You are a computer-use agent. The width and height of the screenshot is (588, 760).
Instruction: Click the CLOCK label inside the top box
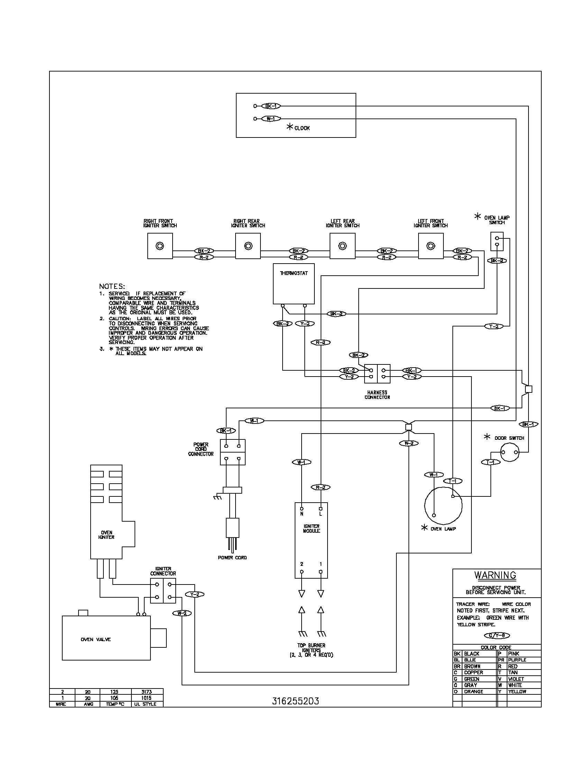[x=302, y=128]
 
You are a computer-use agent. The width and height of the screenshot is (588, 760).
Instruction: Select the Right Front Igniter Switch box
[x=160, y=246]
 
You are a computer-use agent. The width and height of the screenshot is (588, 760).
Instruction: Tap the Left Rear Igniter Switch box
[x=342, y=246]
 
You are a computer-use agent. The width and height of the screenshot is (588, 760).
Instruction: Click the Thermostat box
[x=294, y=284]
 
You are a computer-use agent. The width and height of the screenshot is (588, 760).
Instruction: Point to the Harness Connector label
[x=377, y=395]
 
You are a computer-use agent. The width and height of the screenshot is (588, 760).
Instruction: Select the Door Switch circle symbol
[x=509, y=453]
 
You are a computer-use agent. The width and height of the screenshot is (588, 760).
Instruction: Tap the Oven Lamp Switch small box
[x=497, y=241]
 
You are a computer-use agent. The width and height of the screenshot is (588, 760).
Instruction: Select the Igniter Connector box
[x=163, y=590]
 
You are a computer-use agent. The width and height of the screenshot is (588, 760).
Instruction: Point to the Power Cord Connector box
[x=233, y=452]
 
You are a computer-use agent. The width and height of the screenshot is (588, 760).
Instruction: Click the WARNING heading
[x=495, y=575]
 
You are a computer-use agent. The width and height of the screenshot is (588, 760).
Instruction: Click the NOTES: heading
[x=112, y=286]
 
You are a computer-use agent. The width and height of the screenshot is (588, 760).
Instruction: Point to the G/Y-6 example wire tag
[x=497, y=635]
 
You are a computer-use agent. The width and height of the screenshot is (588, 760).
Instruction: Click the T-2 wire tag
[x=494, y=326]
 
